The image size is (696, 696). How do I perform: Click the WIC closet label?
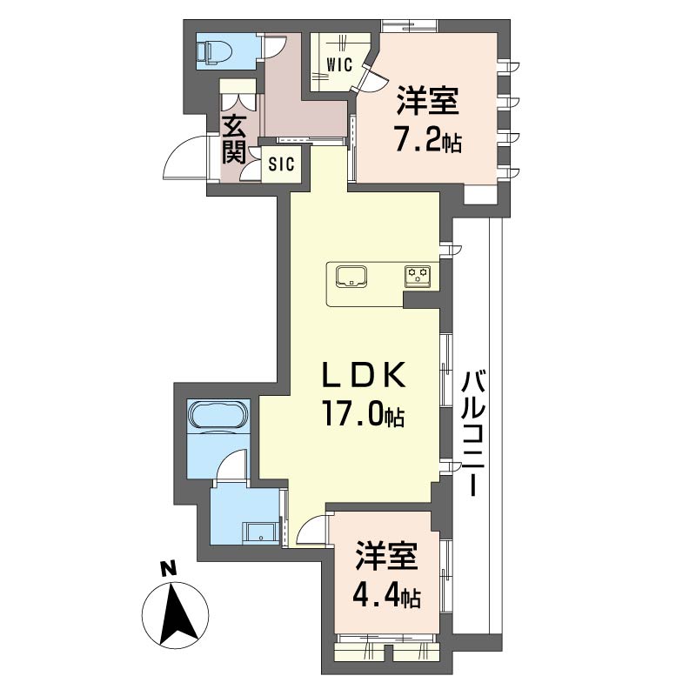339,64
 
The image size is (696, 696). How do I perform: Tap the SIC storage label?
281,164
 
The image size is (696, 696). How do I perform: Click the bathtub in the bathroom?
218,416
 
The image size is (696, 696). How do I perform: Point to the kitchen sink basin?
351,277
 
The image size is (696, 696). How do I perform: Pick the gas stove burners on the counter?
418,276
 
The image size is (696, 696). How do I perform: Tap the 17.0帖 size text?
364,415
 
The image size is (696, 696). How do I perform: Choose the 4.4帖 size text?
386,597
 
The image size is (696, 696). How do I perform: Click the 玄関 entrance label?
234,138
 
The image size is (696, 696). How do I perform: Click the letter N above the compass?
167,569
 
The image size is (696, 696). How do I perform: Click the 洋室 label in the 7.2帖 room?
427,101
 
